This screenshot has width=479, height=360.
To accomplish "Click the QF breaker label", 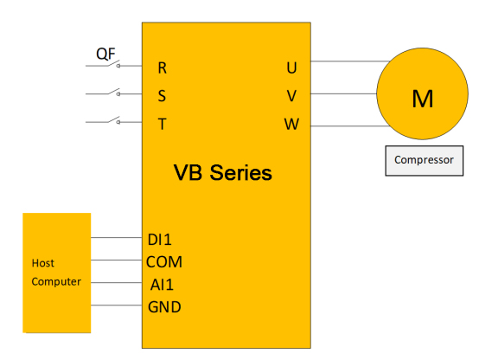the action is point(105,55).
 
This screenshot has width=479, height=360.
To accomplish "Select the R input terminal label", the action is point(163,67).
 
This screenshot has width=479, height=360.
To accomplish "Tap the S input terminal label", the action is point(162,96).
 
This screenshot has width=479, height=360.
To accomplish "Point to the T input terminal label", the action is point(163,124).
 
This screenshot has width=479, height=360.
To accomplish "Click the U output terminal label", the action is point(291,67).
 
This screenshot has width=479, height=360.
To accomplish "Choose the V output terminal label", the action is point(291,96).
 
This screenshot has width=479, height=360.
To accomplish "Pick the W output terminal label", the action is point(291,124).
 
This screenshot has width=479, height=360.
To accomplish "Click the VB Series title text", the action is point(223,173).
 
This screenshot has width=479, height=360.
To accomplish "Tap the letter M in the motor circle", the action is point(423,99).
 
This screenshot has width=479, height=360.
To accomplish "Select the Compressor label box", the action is point(425,161).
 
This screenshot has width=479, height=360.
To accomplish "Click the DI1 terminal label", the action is point(159,240).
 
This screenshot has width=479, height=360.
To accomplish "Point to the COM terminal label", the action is point(164,262).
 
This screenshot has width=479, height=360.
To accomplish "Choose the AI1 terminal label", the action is point(162,285).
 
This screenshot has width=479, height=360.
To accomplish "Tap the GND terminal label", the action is point(164,307).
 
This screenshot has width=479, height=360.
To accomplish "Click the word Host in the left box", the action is point(42,263).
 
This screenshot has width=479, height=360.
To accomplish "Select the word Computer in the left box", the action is point(56,282).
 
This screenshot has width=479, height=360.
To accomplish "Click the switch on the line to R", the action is point(113,63).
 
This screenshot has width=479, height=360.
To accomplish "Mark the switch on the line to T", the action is point(113,120).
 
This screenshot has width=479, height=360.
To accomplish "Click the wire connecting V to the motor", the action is point(343,93).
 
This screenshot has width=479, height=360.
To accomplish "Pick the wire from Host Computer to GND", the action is point(117,305).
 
